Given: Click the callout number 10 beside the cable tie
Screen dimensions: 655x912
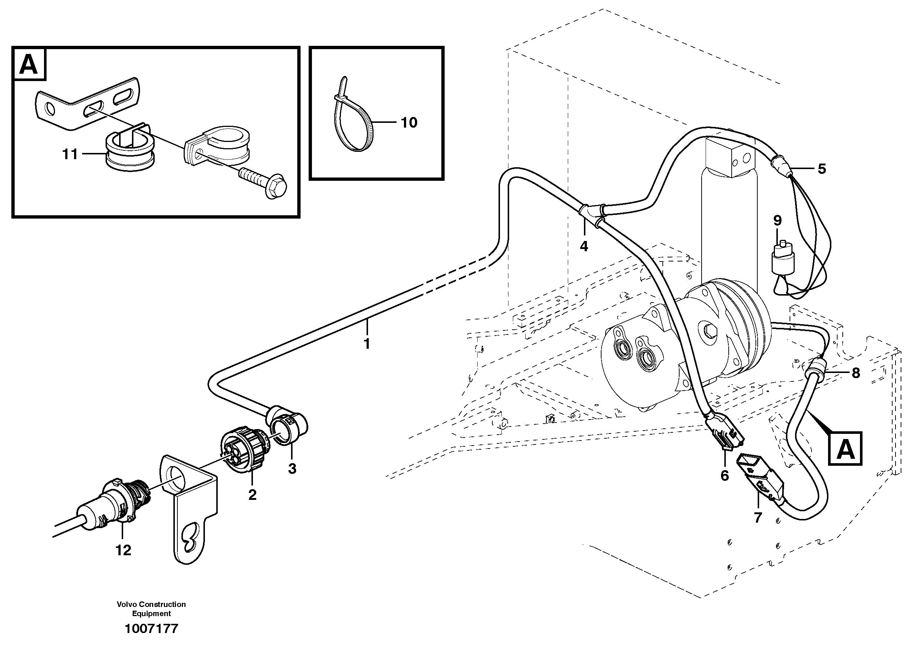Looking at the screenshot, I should (x=409, y=123).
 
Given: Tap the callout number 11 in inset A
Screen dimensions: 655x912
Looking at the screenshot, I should (x=70, y=154).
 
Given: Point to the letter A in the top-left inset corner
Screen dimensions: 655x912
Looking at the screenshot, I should (x=29, y=65).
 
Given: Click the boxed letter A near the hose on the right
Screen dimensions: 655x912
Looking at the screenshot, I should (x=845, y=449).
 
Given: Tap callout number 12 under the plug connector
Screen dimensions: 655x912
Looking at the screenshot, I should (x=123, y=550).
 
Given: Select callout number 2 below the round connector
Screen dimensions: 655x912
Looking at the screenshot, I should (x=252, y=495).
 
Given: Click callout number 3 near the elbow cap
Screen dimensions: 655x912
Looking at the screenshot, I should (x=292, y=468).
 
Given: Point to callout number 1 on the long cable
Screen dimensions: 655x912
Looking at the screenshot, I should (x=366, y=344).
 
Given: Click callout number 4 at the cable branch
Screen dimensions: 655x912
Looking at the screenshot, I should (x=584, y=246).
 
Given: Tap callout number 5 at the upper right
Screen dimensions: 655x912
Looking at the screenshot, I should (x=822, y=169).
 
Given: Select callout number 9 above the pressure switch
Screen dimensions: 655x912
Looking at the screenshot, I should (x=777, y=220).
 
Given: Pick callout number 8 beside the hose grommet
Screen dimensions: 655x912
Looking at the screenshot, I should (x=856, y=373).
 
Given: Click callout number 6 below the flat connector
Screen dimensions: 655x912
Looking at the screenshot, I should (x=725, y=476).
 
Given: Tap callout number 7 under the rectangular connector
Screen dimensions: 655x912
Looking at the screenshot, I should (x=758, y=518).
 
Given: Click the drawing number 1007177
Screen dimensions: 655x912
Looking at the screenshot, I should (x=151, y=629).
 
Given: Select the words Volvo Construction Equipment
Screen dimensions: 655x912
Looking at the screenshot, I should (x=151, y=609).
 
